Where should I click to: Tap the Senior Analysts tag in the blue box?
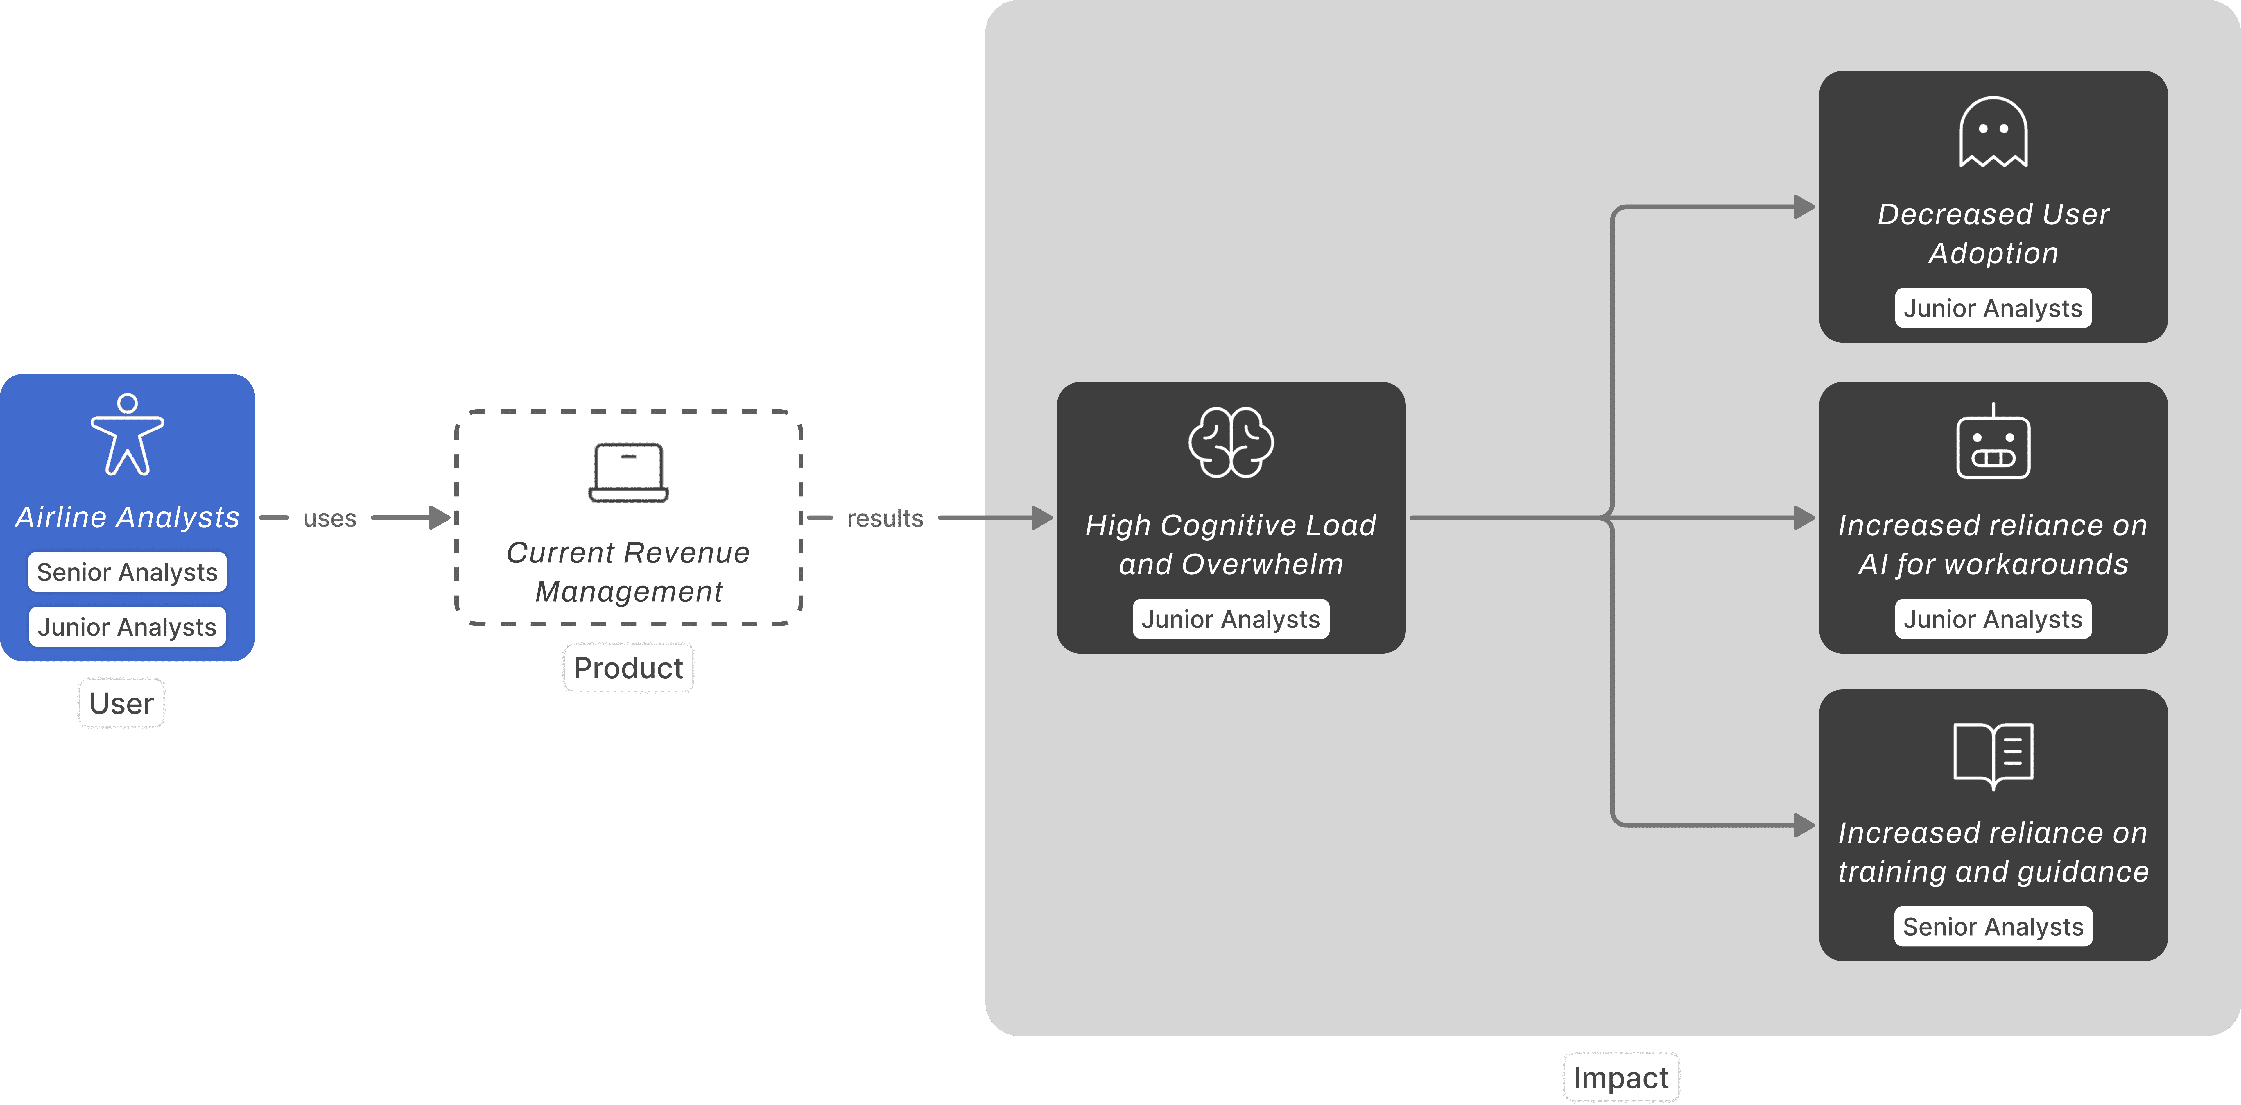tap(127, 572)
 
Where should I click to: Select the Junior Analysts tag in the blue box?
tap(127, 626)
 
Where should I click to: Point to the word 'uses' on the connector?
tap(330, 518)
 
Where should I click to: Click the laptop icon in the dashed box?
tap(628, 473)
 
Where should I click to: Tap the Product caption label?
tap(628, 667)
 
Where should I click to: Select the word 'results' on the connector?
tap(885, 518)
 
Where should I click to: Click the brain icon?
tap(1231, 442)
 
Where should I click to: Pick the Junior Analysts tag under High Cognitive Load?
tap(1231, 619)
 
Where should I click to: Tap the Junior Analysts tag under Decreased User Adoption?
tap(1993, 308)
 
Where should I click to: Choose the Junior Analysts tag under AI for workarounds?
tap(1993, 619)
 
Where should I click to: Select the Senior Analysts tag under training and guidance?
tap(1993, 927)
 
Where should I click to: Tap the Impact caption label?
tap(1621, 1077)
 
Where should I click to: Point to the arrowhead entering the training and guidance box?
tap(1804, 825)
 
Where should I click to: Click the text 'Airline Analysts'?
tap(127, 517)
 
